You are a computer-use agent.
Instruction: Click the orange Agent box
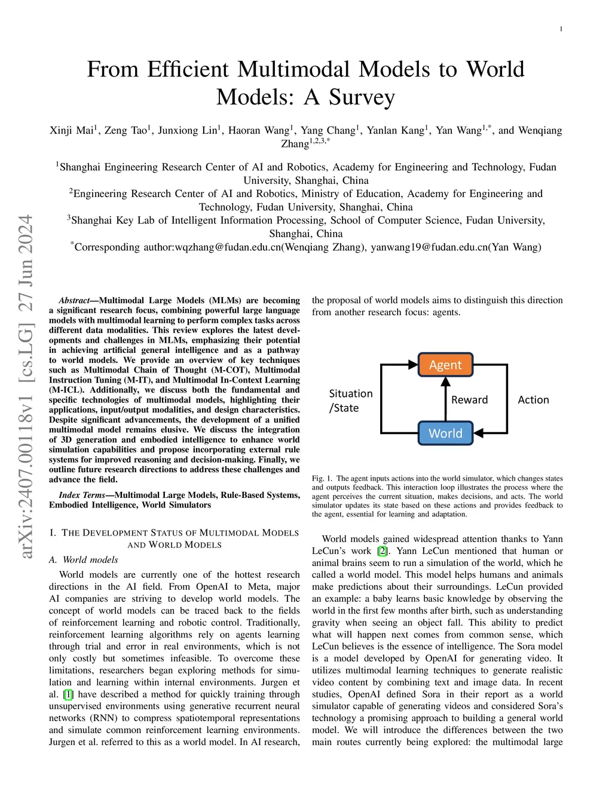click(x=445, y=365)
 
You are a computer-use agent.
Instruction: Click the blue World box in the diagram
click(x=445, y=433)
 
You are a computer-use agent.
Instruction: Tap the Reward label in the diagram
click(x=469, y=400)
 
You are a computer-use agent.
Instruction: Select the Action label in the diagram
click(x=533, y=400)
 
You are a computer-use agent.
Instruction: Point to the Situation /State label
click(x=351, y=401)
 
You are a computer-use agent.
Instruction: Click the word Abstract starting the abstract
click(x=74, y=300)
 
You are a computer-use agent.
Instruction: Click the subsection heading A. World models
click(x=84, y=559)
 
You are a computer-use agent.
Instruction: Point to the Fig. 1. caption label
click(x=322, y=478)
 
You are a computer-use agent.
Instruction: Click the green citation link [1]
click(x=68, y=694)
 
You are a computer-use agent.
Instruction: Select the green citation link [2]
click(x=382, y=551)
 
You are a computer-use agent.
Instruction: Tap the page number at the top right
click(x=561, y=29)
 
